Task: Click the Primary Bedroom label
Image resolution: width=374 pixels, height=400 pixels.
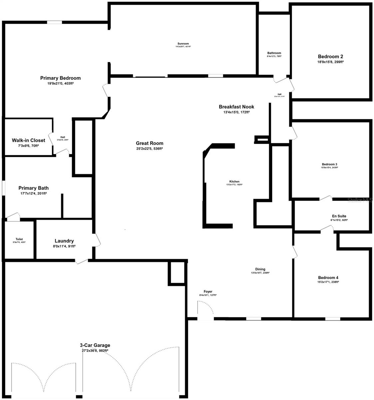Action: [60, 78]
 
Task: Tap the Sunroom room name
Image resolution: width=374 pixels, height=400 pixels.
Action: [183, 44]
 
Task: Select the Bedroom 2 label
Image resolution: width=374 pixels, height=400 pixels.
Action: [330, 57]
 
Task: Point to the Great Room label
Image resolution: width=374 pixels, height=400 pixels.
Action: [150, 143]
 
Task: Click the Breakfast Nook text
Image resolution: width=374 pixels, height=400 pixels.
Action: [236, 107]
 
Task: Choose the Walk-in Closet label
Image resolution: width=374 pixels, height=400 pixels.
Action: [28, 140]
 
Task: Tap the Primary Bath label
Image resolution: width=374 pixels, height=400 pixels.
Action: [33, 188]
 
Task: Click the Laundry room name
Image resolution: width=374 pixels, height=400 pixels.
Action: [64, 241]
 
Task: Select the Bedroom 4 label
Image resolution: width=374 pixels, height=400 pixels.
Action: [328, 278]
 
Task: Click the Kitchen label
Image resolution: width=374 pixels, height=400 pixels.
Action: [234, 182]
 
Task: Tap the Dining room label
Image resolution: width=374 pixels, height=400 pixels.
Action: [260, 269]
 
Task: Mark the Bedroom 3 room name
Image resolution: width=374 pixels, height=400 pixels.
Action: [329, 164]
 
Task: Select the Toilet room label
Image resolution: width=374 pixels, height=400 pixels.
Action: [19, 239]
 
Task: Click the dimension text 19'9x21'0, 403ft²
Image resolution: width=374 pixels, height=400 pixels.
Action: [60, 84]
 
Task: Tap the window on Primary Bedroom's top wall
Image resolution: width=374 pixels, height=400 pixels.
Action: [54, 22]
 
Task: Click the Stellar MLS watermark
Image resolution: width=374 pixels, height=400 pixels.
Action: [360, 200]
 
